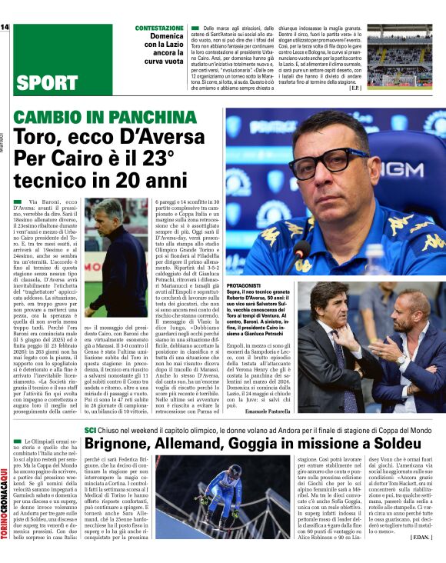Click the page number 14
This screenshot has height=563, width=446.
(5, 28)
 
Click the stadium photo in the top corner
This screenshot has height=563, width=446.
(400, 55)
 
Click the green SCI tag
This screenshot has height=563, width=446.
(91, 430)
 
